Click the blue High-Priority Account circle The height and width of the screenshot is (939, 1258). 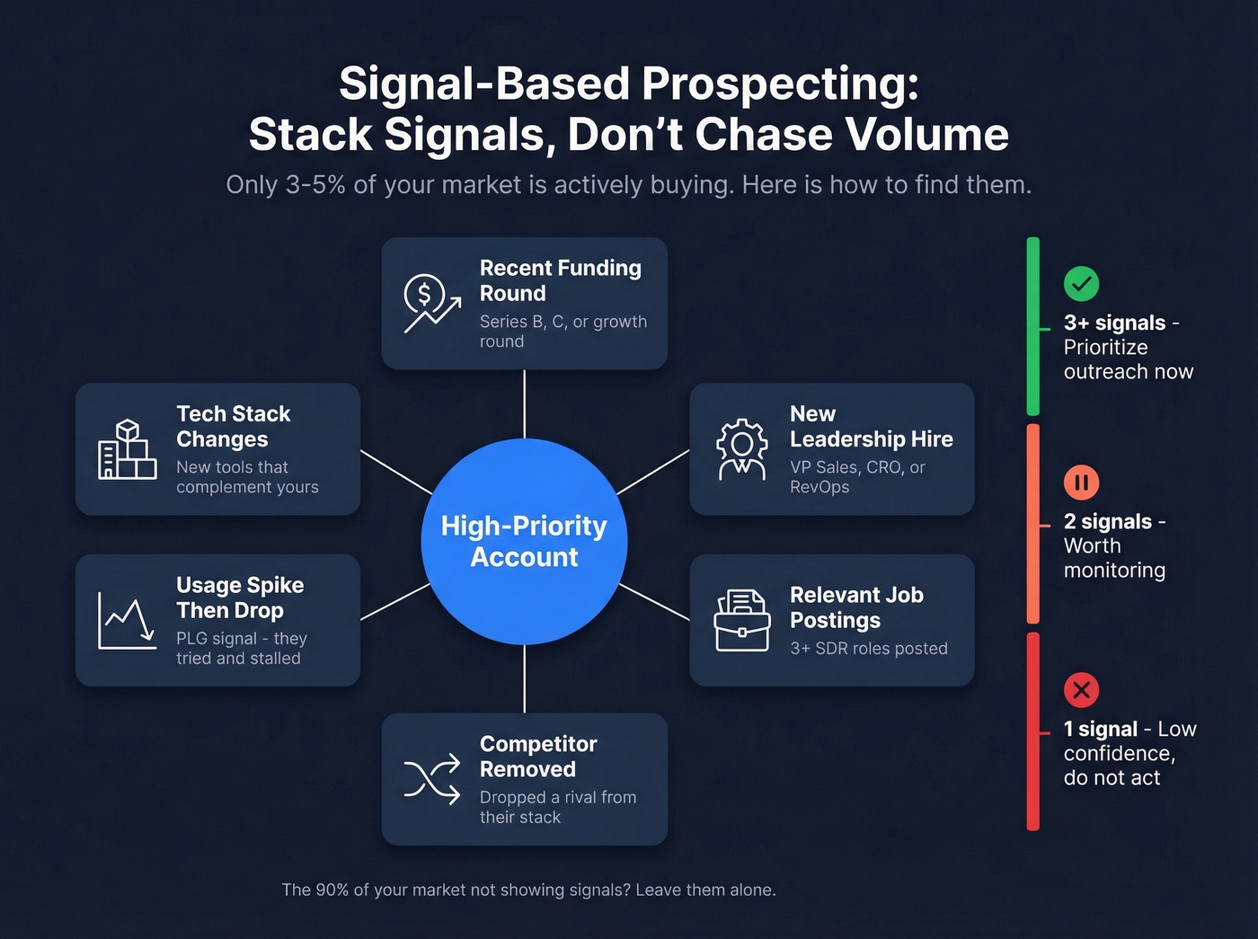coord(524,541)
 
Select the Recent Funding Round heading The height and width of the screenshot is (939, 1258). coord(560,280)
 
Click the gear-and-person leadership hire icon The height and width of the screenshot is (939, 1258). coord(741,449)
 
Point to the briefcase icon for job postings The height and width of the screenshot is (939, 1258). coord(741,620)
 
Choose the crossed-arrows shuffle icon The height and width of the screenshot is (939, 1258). coord(432,779)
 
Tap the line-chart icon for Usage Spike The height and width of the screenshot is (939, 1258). coord(127,620)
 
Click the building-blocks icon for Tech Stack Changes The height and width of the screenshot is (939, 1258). coord(127,449)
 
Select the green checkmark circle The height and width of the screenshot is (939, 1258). coord(1081,284)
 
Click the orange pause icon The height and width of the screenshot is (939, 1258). coord(1081,483)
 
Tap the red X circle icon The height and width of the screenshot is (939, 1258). coord(1081,690)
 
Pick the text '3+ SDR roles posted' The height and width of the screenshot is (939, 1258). coord(868,649)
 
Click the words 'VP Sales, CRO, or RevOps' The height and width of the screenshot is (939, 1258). coord(856,477)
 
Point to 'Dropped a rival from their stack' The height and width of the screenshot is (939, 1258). coord(557,807)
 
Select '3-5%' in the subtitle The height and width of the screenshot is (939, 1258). coord(315,185)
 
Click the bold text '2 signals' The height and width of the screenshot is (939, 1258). coord(1107,522)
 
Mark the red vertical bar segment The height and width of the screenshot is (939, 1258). coord(1033,732)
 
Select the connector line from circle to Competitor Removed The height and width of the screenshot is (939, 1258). coord(524,679)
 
